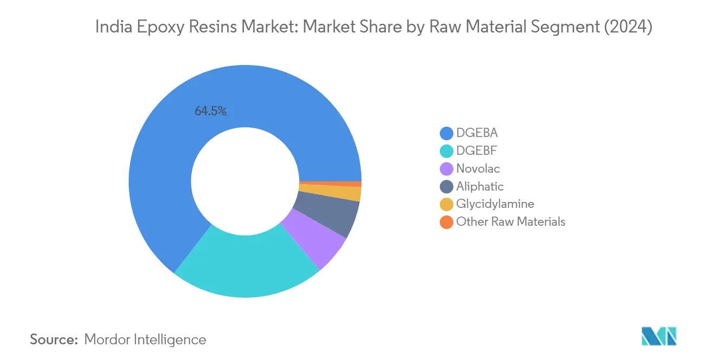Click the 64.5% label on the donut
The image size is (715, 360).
pos(211,112)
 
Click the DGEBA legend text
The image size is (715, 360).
pos(477,133)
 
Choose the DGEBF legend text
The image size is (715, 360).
pos(476,150)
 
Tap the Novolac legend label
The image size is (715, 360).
pos(478,168)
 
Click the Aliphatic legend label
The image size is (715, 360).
pos(480,186)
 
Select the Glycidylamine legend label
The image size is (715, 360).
pos(495,204)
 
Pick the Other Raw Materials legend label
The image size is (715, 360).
pos(511,221)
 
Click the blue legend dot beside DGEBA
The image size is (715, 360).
pos(447,133)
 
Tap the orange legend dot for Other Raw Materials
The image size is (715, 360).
pos(447,222)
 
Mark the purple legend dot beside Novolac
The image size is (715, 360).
pos(447,169)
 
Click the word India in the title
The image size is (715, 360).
pos(110,27)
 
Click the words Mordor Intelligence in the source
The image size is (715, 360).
pos(145,339)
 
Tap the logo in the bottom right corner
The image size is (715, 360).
pos(658,336)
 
